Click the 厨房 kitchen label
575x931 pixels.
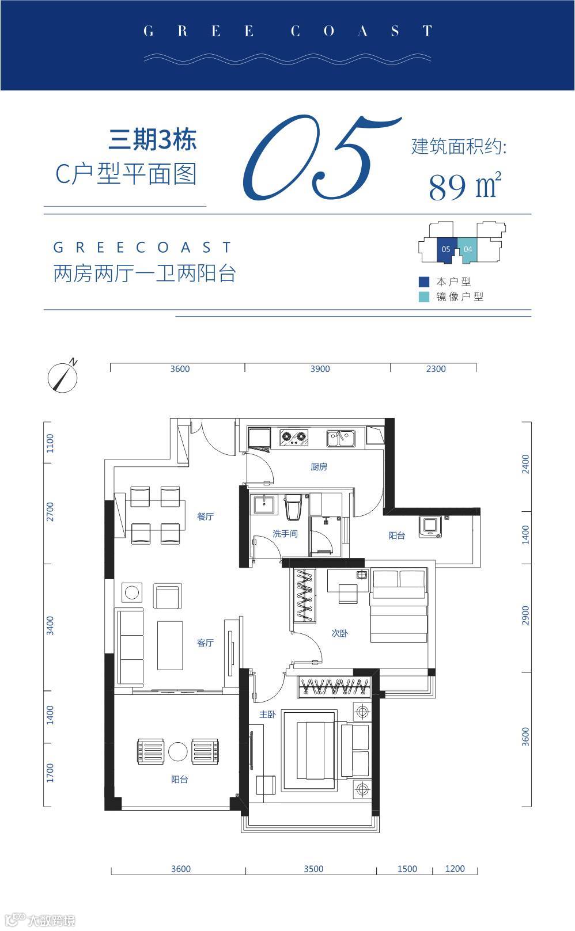(319, 467)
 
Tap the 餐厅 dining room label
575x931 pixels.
(205, 516)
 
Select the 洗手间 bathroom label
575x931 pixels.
(285, 534)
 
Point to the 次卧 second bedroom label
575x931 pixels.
(340, 633)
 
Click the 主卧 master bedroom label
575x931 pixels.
(267, 715)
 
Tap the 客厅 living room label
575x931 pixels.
(205, 643)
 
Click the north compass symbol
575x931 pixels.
(63, 375)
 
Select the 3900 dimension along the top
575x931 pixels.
(320, 369)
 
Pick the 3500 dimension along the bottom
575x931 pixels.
(313, 869)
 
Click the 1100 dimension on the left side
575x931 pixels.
(50, 443)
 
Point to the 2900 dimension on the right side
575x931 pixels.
(525, 615)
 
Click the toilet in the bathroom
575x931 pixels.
(293, 507)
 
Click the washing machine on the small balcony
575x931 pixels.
(431, 527)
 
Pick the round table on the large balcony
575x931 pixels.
(178, 751)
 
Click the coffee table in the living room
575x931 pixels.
(170, 645)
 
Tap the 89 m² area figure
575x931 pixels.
(465, 186)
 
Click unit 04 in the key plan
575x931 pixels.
(467, 250)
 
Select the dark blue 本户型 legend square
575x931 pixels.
(423, 282)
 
